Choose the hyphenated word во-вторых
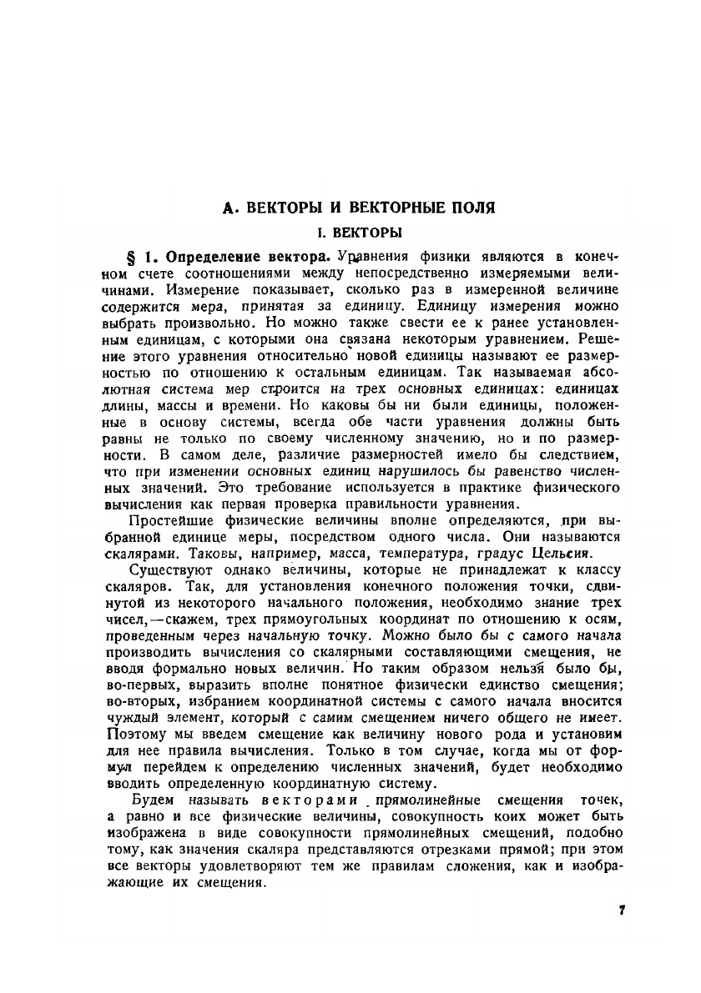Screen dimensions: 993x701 pyautogui.click(x=142, y=702)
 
